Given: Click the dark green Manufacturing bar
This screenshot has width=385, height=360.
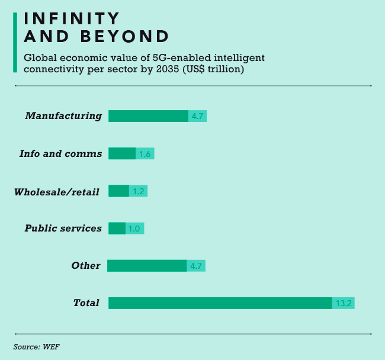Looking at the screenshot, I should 148,116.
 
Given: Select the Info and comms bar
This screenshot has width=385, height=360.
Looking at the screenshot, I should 122,153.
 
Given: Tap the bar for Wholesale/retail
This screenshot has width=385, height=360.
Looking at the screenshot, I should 118,191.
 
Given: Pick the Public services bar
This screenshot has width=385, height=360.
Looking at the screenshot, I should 117,228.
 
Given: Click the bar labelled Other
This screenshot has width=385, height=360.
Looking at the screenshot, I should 147,266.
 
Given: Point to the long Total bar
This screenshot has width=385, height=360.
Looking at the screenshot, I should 220,303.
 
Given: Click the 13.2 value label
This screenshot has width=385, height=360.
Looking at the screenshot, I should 344,303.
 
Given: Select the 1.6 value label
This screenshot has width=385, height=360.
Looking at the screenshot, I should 145,154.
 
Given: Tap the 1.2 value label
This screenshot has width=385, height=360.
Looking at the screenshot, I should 139,191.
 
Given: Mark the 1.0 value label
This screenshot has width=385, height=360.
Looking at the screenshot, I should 135,228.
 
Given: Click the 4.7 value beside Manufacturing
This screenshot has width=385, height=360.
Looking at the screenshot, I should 197,116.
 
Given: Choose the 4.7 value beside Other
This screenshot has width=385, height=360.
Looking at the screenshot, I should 196,266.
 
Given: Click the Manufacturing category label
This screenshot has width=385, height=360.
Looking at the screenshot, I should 63,116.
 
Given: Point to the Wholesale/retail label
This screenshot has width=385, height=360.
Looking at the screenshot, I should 57,191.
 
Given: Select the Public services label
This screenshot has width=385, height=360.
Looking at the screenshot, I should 63,229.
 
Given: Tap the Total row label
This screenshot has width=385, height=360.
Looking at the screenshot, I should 86,303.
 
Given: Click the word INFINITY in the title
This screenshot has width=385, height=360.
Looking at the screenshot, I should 72,19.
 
